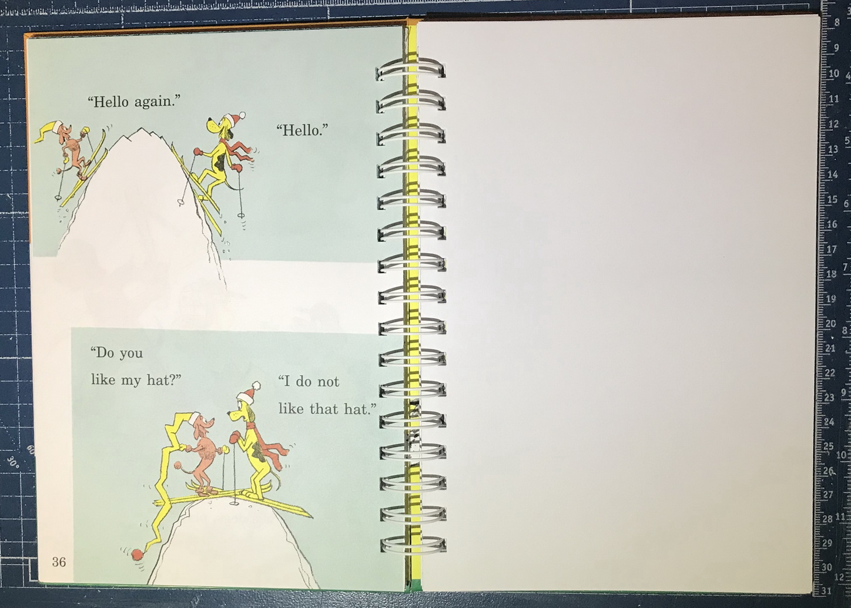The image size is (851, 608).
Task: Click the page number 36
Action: [x=59, y=562]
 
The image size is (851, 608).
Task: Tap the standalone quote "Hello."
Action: [x=302, y=130]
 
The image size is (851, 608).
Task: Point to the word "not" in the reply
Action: [x=328, y=382]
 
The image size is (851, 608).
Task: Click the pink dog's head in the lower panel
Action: [x=202, y=424]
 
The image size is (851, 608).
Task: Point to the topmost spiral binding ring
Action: [x=410, y=70]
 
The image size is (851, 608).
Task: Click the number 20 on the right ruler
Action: [x=830, y=324]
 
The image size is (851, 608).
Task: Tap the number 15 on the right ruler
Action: [x=832, y=200]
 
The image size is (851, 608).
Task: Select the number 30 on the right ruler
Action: [x=827, y=567]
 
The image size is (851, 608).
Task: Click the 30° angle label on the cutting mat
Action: [x=12, y=461]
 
